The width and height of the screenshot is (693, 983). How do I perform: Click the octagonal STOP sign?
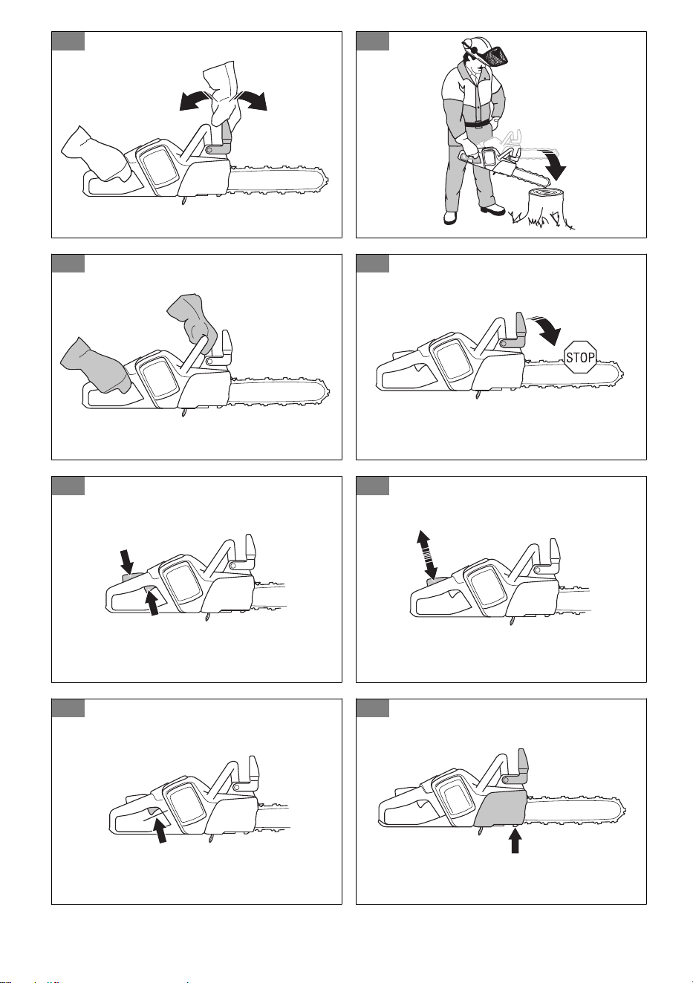580,357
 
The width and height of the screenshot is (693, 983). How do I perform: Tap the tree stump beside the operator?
547,206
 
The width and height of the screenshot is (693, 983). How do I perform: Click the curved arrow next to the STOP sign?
546,330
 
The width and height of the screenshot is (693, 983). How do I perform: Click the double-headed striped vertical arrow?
427,555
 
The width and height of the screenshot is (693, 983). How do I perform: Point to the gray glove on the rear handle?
94,366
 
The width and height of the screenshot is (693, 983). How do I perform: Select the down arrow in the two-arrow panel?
126,563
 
